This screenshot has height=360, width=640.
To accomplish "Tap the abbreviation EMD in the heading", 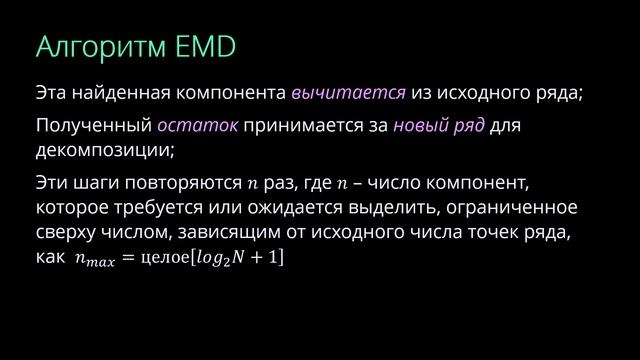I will (x=208, y=49).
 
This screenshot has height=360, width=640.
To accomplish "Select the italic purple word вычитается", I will (x=348, y=95).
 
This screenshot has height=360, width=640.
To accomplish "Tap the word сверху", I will (x=66, y=232).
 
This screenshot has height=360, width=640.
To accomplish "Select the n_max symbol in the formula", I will (x=94, y=258).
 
